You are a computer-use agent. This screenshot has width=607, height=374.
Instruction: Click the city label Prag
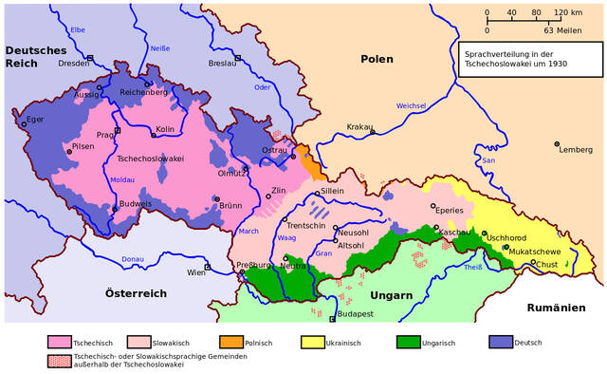click(104, 135)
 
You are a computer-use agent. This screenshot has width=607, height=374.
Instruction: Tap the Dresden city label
click(73, 64)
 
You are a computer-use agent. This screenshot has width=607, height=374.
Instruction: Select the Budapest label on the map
click(355, 313)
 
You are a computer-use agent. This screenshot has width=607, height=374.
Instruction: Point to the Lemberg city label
click(575, 150)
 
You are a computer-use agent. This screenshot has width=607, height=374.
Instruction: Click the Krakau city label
click(359, 126)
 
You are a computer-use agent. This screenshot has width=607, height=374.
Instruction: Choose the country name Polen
click(377, 59)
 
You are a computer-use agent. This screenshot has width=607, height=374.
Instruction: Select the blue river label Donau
click(133, 258)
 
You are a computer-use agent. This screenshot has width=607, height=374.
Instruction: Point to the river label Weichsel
click(412, 105)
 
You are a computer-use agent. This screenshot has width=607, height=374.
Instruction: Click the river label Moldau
click(122, 179)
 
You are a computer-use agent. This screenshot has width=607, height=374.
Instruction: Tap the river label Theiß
click(473, 268)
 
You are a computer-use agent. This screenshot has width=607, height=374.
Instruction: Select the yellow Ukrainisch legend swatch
click(314, 342)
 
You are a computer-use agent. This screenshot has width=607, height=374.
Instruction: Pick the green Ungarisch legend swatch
click(409, 342)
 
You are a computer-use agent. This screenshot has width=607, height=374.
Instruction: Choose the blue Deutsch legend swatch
click(502, 342)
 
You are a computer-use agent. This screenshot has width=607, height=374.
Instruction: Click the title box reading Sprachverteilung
click(528, 59)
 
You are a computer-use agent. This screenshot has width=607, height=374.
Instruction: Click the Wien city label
click(196, 272)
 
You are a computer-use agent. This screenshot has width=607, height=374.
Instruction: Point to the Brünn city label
click(230, 205)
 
